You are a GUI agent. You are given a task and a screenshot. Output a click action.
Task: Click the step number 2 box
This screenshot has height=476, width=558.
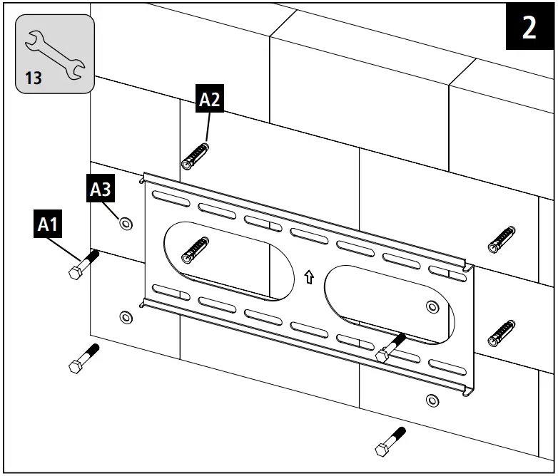pyautogui.click(x=529, y=29)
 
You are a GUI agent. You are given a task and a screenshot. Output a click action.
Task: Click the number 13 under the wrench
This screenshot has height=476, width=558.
pyautogui.click(x=34, y=78)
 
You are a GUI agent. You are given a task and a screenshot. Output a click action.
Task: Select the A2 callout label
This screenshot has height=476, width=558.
pyautogui.click(x=209, y=100)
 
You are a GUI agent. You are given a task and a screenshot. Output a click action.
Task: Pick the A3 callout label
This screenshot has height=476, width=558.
pyautogui.click(x=101, y=190)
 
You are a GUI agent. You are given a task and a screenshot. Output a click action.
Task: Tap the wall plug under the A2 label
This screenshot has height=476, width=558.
pyautogui.click(x=196, y=155)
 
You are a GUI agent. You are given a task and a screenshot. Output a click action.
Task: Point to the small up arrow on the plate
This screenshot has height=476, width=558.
pyautogui.click(x=309, y=276)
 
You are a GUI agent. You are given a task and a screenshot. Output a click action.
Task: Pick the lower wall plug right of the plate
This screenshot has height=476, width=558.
pyautogui.click(x=501, y=331)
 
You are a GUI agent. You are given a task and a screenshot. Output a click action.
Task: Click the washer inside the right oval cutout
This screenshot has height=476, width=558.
pyautogui.click(x=432, y=307)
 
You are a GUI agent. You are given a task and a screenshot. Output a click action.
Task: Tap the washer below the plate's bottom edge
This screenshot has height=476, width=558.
pyautogui.click(x=431, y=400)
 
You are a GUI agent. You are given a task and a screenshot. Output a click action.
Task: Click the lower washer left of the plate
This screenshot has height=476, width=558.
pyautogui.click(x=126, y=316)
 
